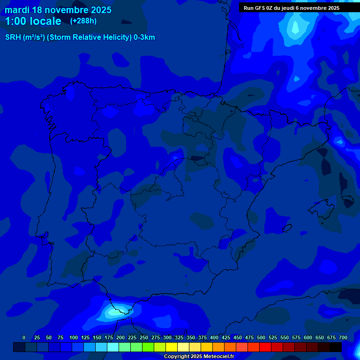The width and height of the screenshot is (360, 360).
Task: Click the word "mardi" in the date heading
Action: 17,10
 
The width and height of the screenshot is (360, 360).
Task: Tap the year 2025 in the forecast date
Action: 99,10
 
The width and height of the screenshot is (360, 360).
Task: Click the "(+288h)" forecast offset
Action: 83,21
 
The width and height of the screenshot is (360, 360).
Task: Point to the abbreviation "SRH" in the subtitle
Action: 13,37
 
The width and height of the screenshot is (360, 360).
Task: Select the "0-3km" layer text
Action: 144,37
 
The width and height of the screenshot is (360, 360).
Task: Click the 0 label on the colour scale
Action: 24,337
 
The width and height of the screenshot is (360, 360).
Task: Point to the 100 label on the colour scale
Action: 74,337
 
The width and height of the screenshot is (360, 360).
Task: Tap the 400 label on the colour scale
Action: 214,337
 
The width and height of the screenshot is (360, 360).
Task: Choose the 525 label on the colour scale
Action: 273,337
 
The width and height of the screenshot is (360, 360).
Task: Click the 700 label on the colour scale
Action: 343,337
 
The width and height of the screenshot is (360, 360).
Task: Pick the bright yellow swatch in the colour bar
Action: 172,347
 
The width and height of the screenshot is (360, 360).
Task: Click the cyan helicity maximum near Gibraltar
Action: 114,310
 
